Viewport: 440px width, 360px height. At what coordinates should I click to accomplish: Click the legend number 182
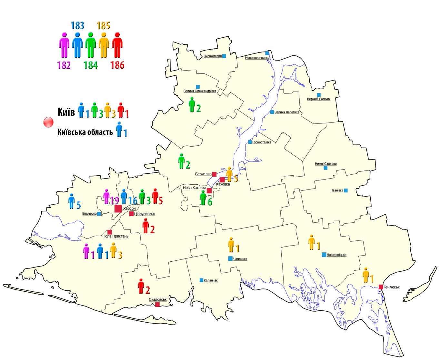coord(64,65)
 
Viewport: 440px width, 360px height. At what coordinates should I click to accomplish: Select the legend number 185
coord(103,25)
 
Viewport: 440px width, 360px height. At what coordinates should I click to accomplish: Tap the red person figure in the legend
coord(117,45)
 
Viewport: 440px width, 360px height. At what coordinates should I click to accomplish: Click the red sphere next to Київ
coord(48,122)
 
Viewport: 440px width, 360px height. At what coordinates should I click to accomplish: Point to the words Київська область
coord(85,132)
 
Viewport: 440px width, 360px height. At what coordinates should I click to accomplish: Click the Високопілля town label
coord(213,56)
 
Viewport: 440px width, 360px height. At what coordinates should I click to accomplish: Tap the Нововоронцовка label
coord(257,58)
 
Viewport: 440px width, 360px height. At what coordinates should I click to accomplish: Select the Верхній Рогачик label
coord(318,99)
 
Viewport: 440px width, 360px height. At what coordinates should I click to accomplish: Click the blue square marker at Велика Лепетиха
coord(272,112)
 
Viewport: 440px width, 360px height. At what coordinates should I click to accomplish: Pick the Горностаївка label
coord(262,142)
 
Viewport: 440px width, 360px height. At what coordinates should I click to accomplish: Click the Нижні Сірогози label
coord(325,164)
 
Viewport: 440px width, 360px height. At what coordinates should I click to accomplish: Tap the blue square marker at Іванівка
coord(346,190)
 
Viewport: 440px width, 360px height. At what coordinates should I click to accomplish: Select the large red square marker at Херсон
coord(118,209)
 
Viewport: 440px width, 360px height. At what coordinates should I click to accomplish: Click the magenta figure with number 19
coord(107,197)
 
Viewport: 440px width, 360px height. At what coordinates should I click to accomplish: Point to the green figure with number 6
coord(203,198)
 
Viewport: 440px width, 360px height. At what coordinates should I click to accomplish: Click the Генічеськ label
coord(391,287)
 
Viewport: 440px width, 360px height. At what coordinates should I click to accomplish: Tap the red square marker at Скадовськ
coord(157,305)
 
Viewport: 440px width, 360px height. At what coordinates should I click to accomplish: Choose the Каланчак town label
coord(211,280)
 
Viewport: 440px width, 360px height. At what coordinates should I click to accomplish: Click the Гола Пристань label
coord(116,236)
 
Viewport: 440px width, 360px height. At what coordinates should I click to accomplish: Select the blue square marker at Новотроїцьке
coord(324,255)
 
